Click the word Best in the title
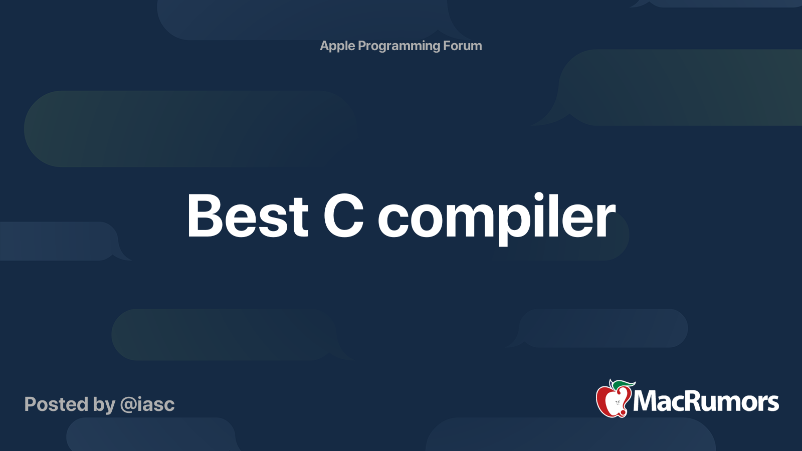pos(248,215)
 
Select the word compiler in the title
pos(497,219)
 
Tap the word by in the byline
pos(104,405)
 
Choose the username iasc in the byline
pos(157,404)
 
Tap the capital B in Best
pos(205,215)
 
